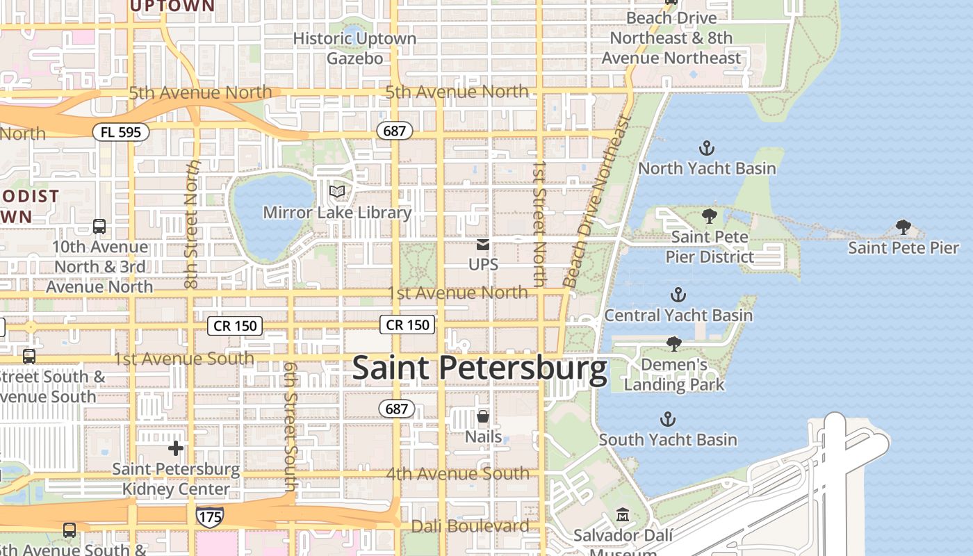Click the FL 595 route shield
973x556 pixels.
point(121,131)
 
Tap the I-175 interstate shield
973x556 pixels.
point(209,516)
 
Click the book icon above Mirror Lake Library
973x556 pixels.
point(337,191)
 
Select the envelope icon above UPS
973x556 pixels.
point(483,245)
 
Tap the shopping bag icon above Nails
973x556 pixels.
point(483,416)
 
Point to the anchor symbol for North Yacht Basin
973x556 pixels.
point(707,148)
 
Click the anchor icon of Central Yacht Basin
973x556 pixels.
point(678,295)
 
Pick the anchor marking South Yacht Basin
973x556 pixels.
point(667,419)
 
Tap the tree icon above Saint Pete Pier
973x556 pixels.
point(903,227)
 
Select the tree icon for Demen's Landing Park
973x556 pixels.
point(673,343)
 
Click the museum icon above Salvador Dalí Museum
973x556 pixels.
point(622,515)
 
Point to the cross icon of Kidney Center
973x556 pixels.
point(176,448)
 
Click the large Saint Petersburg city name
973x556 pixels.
point(480,368)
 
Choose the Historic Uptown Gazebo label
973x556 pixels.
point(354,48)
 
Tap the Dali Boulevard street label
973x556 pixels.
point(470,526)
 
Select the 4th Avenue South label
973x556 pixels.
point(457,474)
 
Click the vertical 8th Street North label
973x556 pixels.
point(193,224)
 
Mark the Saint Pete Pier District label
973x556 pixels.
point(710,247)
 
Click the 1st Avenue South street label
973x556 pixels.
point(183,359)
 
